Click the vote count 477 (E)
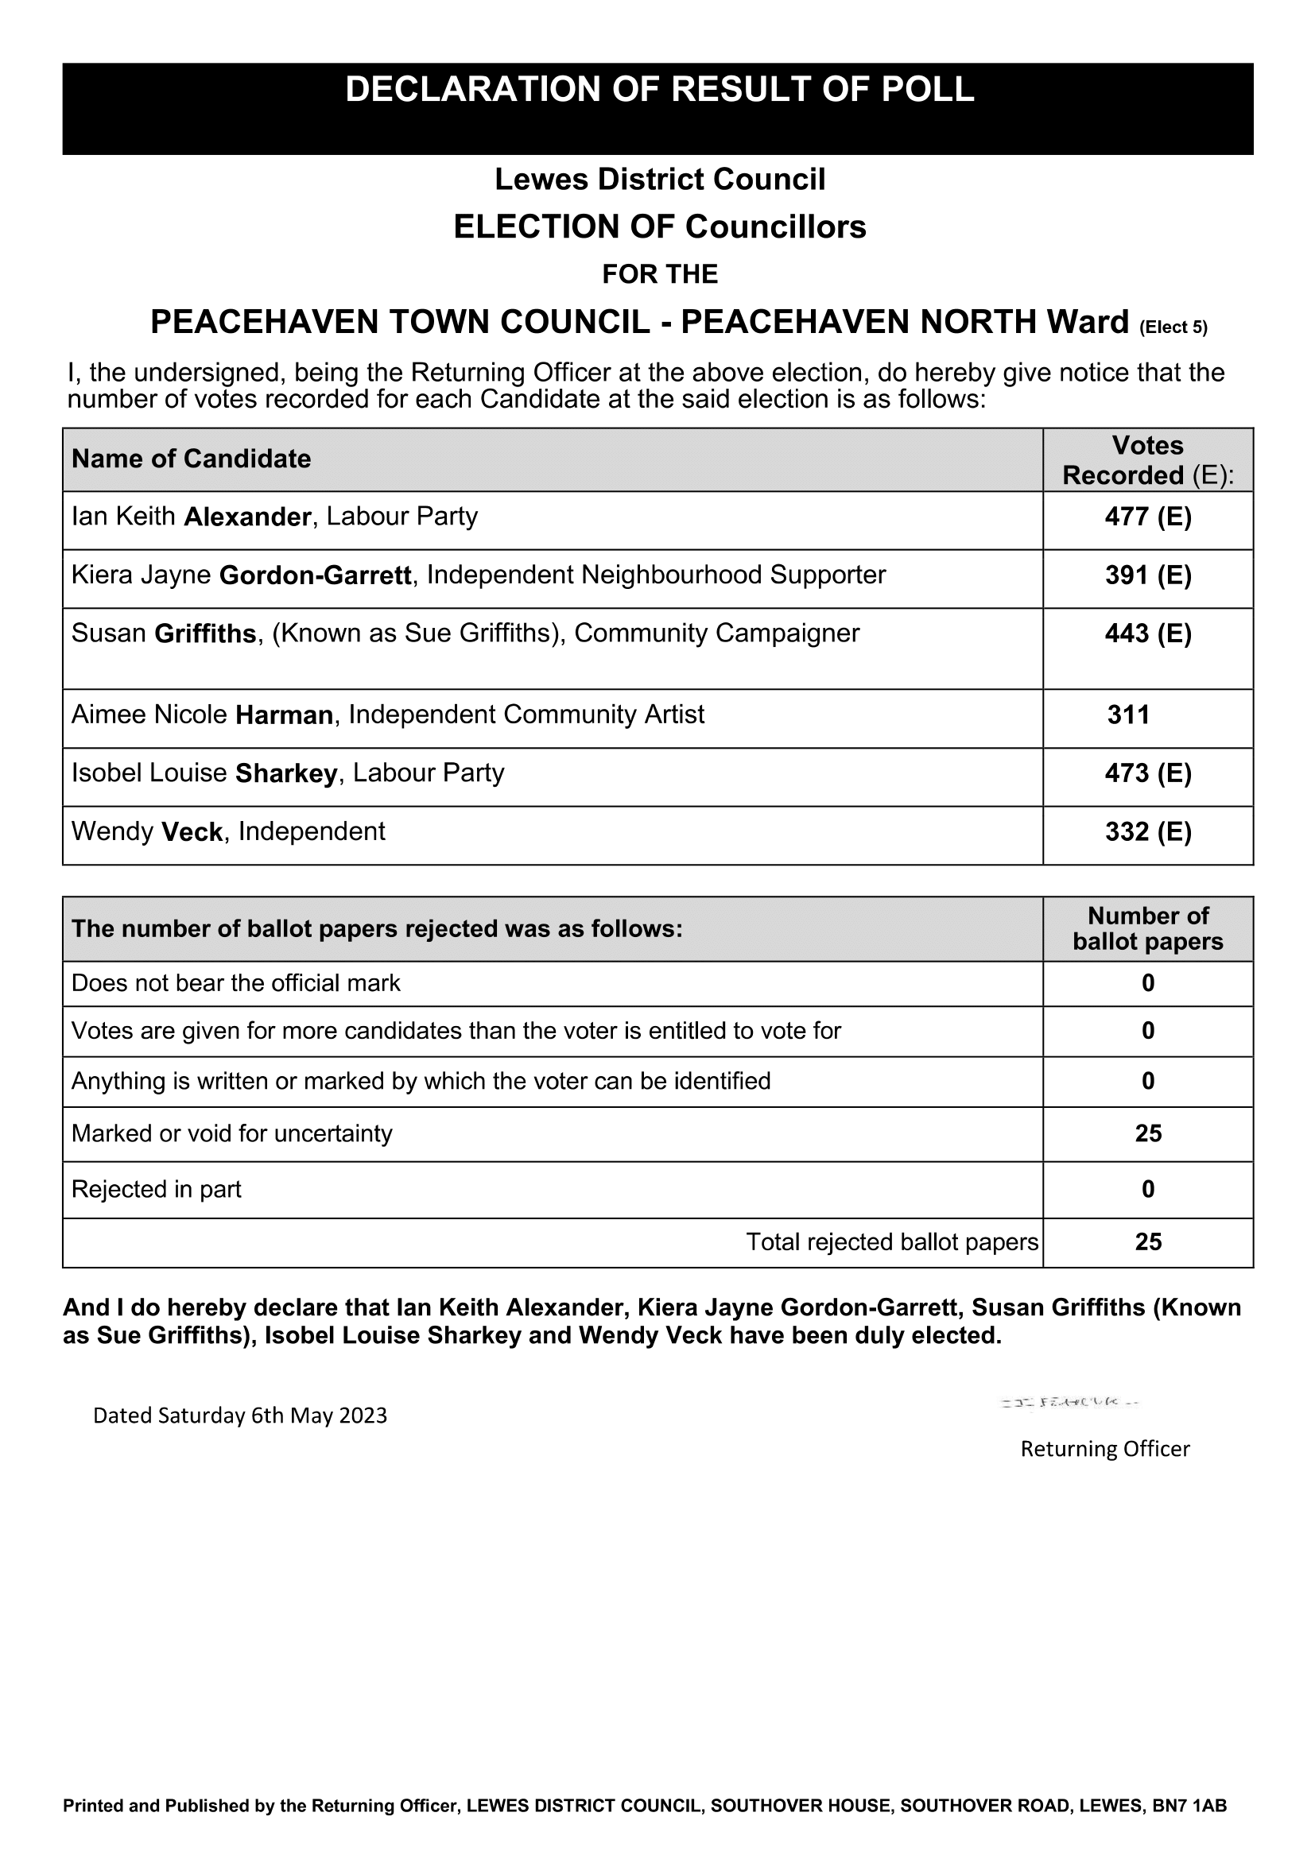click(x=1147, y=517)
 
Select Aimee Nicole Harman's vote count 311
click(x=1128, y=715)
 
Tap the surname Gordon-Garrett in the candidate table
click(x=315, y=575)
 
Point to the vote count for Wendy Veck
click(x=1147, y=832)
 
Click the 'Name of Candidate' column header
click(x=191, y=459)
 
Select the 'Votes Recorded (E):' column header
click(x=1147, y=460)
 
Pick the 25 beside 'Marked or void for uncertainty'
click(x=1147, y=1133)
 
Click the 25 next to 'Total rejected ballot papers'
click(x=1147, y=1242)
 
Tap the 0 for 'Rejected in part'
click(x=1147, y=1190)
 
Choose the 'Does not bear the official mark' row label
click(x=235, y=983)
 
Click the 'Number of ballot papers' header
click(x=1147, y=928)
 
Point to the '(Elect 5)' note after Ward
click(x=1173, y=328)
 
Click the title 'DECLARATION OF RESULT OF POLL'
click(x=659, y=90)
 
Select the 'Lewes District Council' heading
click(x=659, y=180)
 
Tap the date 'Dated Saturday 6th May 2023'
click(x=239, y=1416)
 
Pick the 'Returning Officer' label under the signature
click(x=1104, y=1449)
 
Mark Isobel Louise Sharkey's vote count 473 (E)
click(x=1147, y=774)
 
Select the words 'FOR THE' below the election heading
click(x=659, y=274)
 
